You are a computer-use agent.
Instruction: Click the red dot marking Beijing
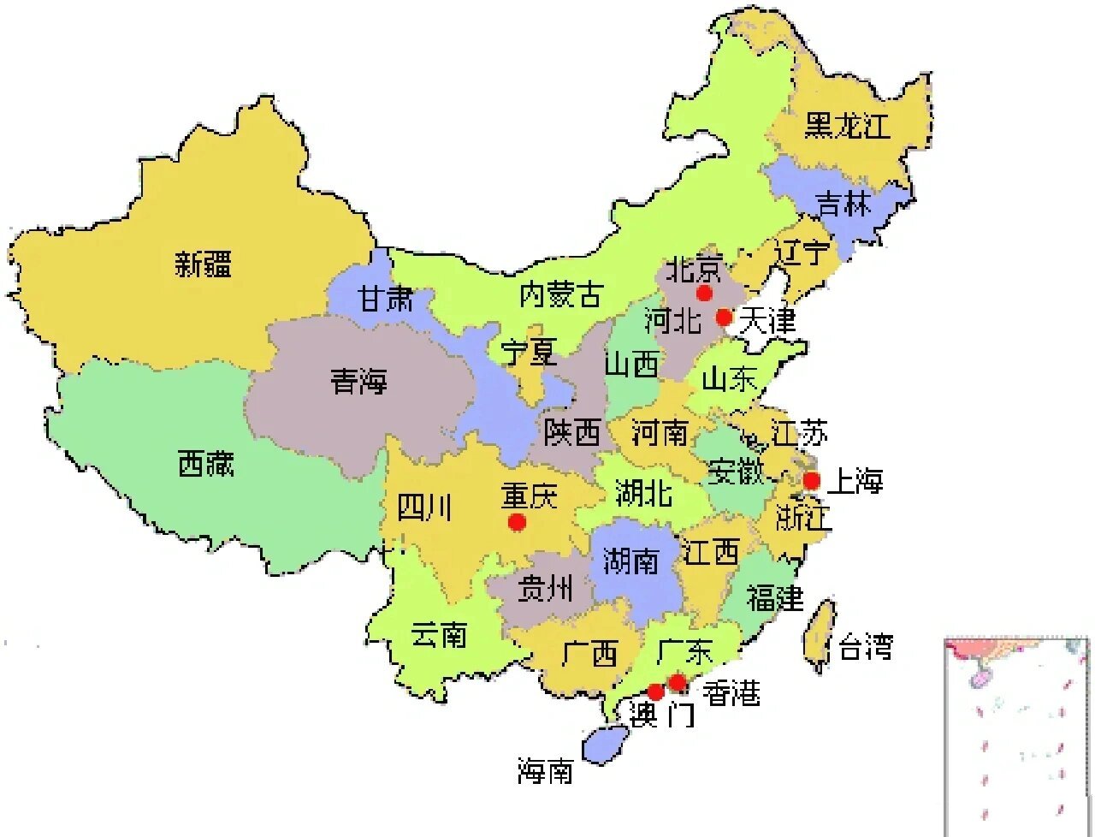pos(704,294)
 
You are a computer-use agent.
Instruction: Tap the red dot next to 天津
pos(724,318)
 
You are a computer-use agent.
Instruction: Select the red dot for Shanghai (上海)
pos(811,480)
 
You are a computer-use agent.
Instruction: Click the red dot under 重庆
pos(516,521)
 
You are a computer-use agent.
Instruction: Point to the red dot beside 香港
pos(677,682)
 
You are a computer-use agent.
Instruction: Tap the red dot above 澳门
pos(655,692)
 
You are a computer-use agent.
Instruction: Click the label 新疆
pos(204,263)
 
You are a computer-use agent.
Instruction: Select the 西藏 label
pos(205,464)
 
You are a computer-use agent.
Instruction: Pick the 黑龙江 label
pos(847,125)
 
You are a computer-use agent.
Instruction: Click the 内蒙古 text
pos(560,295)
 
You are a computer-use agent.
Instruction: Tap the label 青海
pos(359,381)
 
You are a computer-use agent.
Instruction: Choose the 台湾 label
pos(865,646)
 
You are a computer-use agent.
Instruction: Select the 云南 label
pos(438,635)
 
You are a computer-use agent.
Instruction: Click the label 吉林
pos(843,205)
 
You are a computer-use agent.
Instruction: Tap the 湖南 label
pos(630,561)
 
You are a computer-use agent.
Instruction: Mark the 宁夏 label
pos(529,352)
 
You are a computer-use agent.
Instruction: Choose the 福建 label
pos(774,597)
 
